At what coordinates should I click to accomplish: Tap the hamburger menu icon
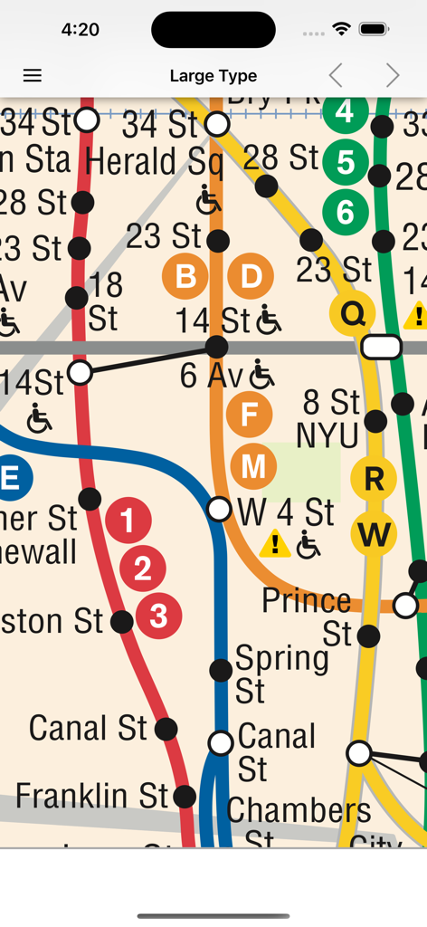pos(33,76)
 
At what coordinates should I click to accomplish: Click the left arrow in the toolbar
pos(336,76)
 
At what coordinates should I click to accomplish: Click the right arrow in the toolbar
pos(392,76)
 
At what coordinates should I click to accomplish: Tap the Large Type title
pos(213,76)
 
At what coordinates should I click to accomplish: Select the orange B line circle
pos(185,276)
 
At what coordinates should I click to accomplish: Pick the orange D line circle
pos(251,276)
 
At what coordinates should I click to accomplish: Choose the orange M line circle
pos(253,466)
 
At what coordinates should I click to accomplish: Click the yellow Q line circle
pos(353,314)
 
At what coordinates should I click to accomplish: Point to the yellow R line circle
pos(374,479)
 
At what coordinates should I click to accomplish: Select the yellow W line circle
pos(374,534)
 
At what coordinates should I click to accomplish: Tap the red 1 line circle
pos(128,521)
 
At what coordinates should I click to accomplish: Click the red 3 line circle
pos(159,616)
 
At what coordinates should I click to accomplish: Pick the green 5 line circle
pos(346,163)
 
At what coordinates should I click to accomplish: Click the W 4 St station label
pos(286,512)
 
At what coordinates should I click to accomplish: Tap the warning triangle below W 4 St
pos(275,545)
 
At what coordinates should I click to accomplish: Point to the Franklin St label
pos(91,796)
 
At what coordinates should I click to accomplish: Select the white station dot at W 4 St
pos(220,509)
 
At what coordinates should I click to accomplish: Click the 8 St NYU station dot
pos(375,420)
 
